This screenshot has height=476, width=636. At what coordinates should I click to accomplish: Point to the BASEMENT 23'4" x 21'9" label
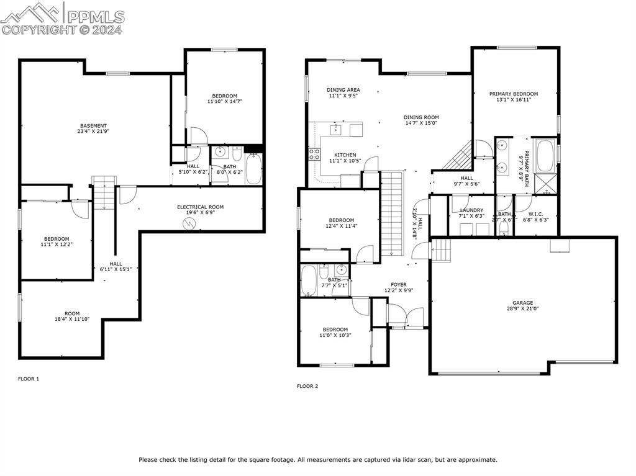93,129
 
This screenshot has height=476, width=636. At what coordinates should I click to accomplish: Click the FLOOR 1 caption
29,379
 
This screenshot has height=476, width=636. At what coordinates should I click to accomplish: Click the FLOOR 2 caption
307,386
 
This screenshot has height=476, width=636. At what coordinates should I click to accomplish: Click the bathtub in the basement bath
253,168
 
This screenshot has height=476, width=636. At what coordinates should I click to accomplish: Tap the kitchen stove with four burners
314,155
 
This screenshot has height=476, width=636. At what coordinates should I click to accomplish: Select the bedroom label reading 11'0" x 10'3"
335,332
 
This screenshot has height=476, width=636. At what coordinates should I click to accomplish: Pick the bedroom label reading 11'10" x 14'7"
224,99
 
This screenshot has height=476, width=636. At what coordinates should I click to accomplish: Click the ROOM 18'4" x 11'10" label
72,317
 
